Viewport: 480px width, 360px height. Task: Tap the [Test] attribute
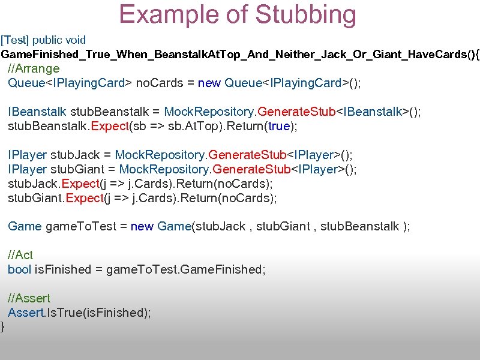click(14, 40)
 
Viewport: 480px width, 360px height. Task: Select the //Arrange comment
click(34, 68)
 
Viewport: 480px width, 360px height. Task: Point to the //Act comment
click(20, 255)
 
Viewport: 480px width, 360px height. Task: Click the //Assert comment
click(29, 298)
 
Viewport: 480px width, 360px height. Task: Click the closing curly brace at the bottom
click(3, 327)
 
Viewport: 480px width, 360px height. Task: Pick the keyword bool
click(19, 269)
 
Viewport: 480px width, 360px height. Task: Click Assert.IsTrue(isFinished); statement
click(79, 313)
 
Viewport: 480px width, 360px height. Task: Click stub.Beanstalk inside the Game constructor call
click(360, 226)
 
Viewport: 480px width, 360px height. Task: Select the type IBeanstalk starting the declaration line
click(37, 112)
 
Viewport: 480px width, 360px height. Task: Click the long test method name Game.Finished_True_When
click(240, 55)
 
